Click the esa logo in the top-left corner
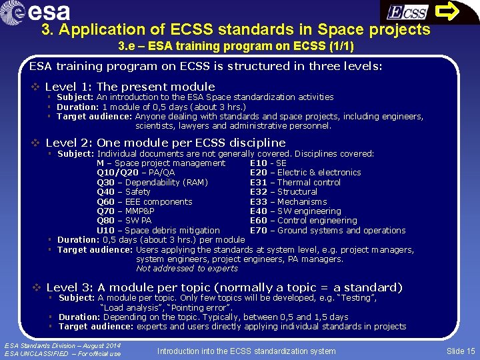pyautogui.click(x=37, y=12)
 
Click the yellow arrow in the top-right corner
pyautogui.click(x=457, y=12)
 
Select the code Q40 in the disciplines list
pyautogui.click(x=105, y=192)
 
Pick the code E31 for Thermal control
pyautogui.click(x=258, y=182)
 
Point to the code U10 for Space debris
pyautogui.click(x=105, y=231)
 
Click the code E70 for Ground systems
pyautogui.click(x=258, y=231)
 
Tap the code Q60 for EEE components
pyautogui.click(x=105, y=202)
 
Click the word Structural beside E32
pyautogui.click(x=298, y=192)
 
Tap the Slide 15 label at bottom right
pyautogui.click(x=461, y=351)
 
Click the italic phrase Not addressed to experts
pyautogui.click(x=187, y=269)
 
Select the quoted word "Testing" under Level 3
pyautogui.click(x=355, y=298)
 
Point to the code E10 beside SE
pyautogui.click(x=258, y=163)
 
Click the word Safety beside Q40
pyautogui.click(x=138, y=192)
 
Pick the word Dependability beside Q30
pyautogui.click(x=155, y=182)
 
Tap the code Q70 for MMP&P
pyautogui.click(x=105, y=211)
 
